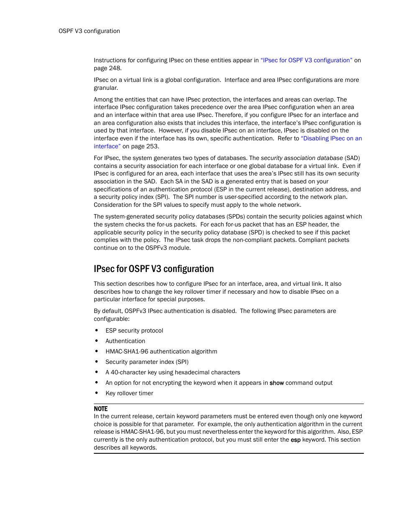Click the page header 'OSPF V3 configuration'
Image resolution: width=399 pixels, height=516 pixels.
pyautogui.click(x=89, y=31)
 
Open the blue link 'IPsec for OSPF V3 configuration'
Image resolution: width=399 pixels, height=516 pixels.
pyautogui.click(x=306, y=60)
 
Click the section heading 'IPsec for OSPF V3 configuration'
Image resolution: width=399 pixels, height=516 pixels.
pyautogui.click(x=153, y=269)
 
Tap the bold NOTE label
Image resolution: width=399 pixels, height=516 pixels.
pyautogui.click(x=100, y=409)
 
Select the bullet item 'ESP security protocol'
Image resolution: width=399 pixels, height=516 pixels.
pyautogui.click(x=134, y=330)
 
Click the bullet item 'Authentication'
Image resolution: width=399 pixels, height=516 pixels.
pyautogui.click(x=125, y=341)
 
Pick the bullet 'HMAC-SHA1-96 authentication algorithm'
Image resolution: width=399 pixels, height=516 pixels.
pyautogui.click(x=161, y=351)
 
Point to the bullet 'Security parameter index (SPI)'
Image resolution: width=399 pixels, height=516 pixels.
pyautogui.click(x=147, y=362)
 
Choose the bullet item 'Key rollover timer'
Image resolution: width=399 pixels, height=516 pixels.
pyautogui.click(x=129, y=393)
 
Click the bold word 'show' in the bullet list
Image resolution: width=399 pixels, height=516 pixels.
pyautogui.click(x=276, y=383)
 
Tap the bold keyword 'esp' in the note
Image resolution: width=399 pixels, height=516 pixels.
pyautogui.click(x=296, y=440)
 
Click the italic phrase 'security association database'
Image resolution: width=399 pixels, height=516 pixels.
pyautogui.click(x=302, y=158)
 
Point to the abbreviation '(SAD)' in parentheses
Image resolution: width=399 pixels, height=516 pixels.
pyautogui.click(x=352, y=158)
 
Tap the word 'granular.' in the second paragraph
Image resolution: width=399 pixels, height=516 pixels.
pyautogui.click(x=106, y=88)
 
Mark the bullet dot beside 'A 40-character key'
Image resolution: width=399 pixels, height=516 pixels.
pyautogui.click(x=97, y=372)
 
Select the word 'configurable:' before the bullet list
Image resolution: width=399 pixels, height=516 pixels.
pyautogui.click(x=112, y=319)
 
